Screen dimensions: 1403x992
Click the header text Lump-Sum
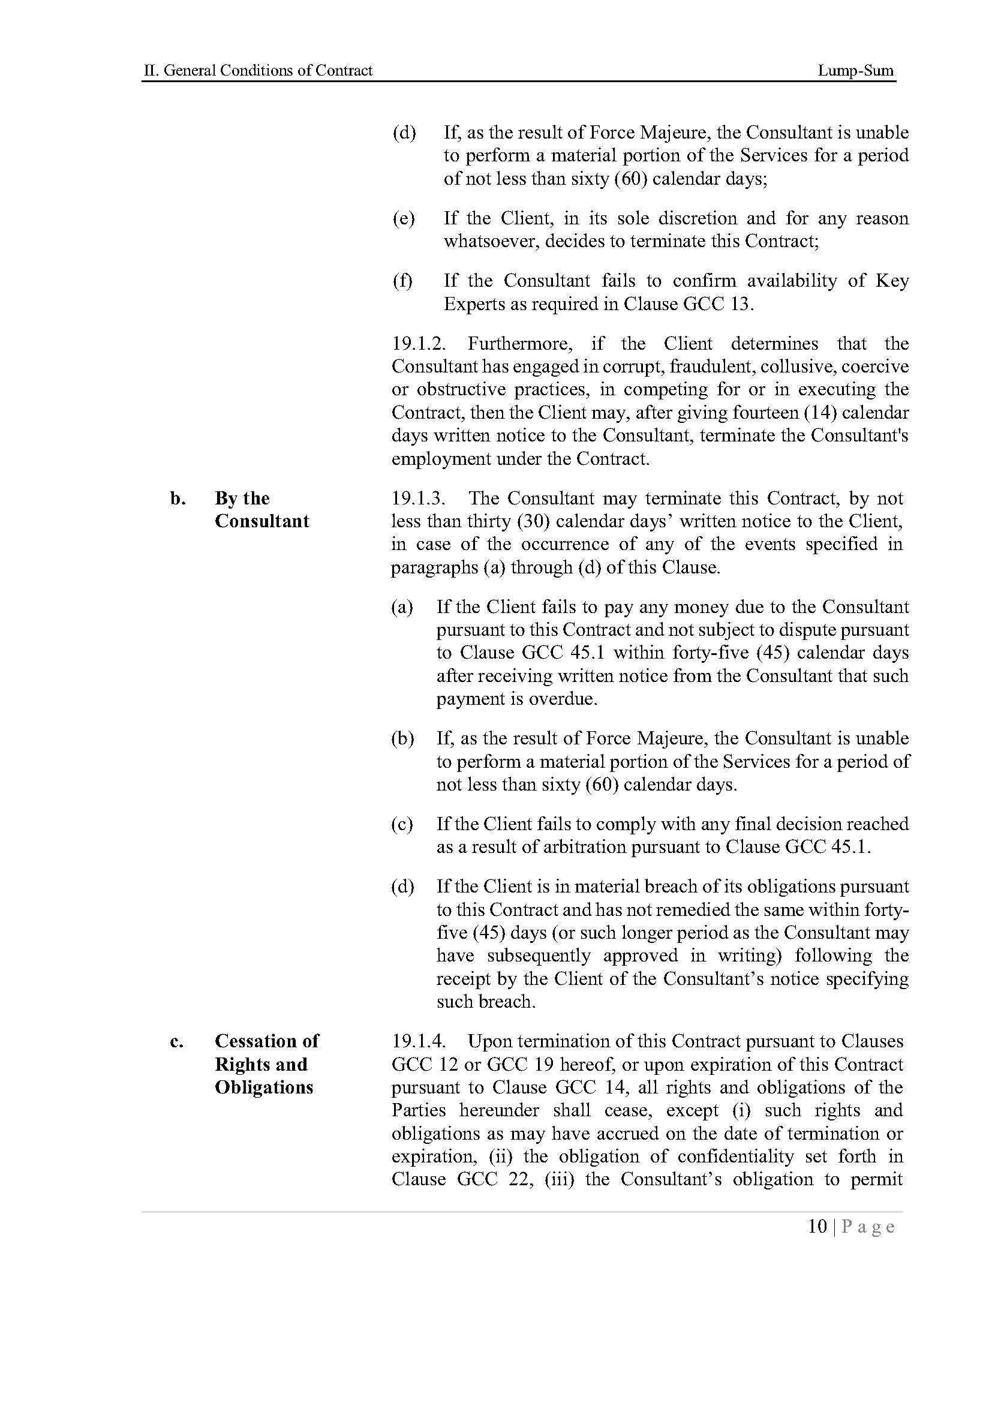pyautogui.click(x=855, y=71)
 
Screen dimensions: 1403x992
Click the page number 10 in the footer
pyautogui.click(x=817, y=1227)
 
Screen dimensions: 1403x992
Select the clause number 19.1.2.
pyautogui.click(x=419, y=344)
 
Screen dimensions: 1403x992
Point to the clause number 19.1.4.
pyautogui.click(x=419, y=1041)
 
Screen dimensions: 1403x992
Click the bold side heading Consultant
pyautogui.click(x=262, y=521)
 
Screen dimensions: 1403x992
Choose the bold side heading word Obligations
pyautogui.click(x=264, y=1087)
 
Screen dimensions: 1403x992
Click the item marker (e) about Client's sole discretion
pyautogui.click(x=403, y=218)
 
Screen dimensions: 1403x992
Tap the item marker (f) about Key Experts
pyautogui.click(x=402, y=281)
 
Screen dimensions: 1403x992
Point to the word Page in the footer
pyautogui.click(x=868, y=1227)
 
